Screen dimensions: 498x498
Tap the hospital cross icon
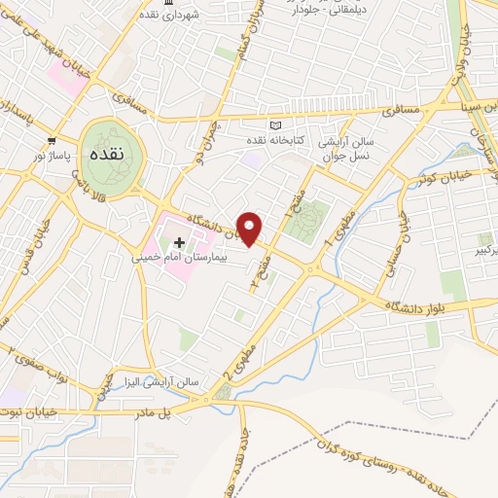coord(179,240)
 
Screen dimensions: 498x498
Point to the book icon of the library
coord(274,126)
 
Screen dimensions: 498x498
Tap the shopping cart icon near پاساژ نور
coord(52,140)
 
